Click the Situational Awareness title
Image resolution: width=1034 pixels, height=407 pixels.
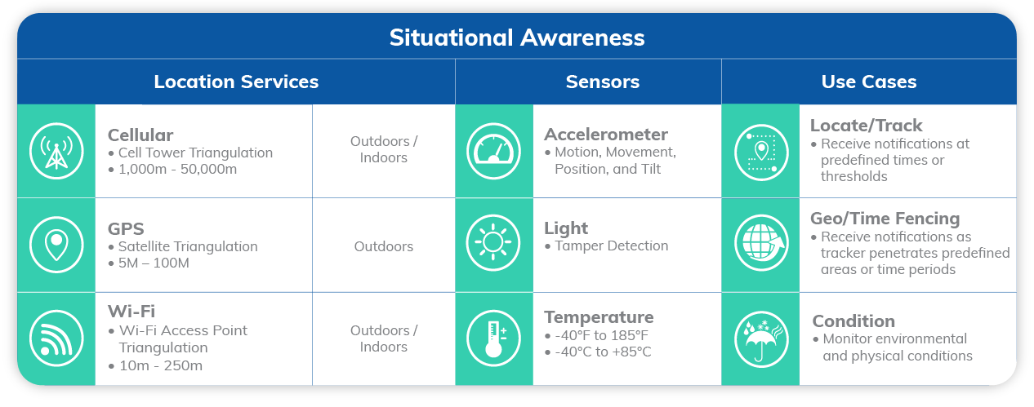516,38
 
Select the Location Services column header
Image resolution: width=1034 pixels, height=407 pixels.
236,82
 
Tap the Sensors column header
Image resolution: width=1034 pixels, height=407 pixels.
603,82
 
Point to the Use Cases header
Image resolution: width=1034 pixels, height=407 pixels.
869,82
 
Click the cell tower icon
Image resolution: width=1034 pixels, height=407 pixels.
56,151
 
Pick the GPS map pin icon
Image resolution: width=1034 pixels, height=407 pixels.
56,245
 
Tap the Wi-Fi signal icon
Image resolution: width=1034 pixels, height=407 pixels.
56,338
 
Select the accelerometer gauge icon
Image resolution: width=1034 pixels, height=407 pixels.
493,151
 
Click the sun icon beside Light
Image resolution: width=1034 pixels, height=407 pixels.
493,242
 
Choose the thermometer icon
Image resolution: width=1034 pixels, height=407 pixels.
493,338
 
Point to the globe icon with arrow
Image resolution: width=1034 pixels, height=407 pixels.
761,243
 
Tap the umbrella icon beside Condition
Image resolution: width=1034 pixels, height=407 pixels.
761,339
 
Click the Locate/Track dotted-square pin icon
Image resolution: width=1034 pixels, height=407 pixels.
761,153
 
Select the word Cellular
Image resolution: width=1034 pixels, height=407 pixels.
140,135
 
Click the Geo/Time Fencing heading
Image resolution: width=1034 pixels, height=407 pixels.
885,219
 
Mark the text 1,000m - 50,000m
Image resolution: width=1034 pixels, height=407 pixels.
178,169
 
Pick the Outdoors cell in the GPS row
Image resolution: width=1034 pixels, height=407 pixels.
384,246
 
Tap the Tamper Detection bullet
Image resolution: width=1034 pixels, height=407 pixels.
606,246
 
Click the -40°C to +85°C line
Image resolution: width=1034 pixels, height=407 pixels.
598,352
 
